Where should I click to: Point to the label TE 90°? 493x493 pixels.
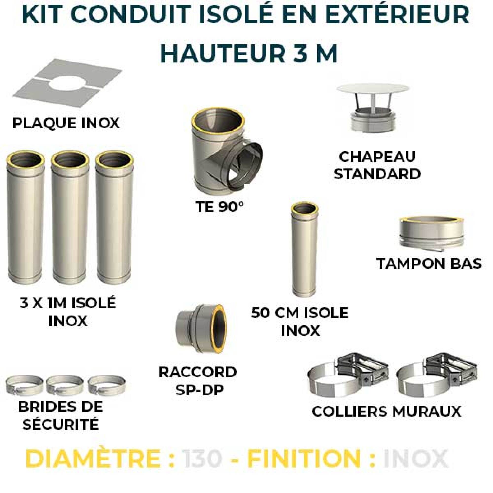click(x=219, y=208)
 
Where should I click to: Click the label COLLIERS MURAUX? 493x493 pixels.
click(x=387, y=418)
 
